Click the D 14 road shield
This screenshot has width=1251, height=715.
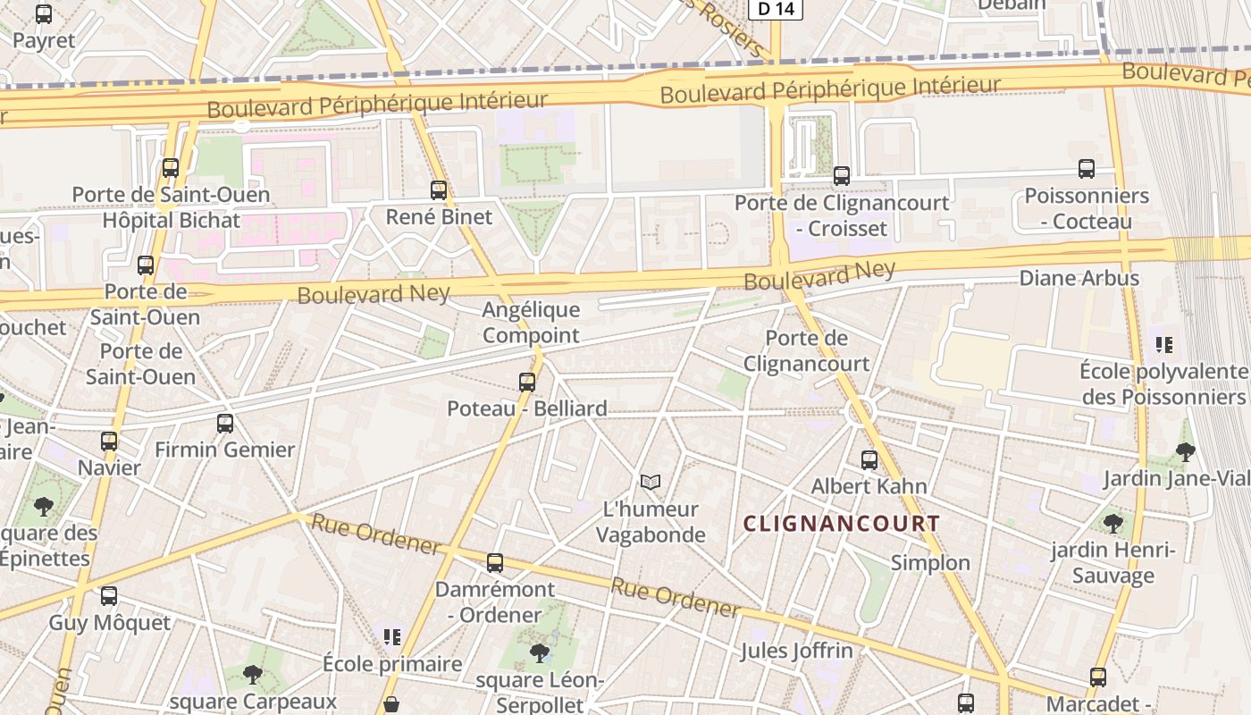tap(775, 9)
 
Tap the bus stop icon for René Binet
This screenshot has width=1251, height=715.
tap(438, 189)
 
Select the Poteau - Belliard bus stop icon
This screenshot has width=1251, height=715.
tap(527, 383)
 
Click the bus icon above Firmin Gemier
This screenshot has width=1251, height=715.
tap(225, 424)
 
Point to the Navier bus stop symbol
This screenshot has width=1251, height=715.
tap(109, 442)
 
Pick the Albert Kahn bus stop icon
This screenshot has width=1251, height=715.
tap(869, 460)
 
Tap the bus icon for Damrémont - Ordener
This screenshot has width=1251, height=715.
tap(494, 563)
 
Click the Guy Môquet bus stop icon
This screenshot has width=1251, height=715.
tap(109, 596)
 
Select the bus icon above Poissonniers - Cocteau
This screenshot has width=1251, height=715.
tap(1087, 169)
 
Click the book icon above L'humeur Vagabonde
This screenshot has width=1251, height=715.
tap(651, 483)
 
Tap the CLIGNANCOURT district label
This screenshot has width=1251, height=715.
tap(841, 524)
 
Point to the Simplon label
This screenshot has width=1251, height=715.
tap(930, 562)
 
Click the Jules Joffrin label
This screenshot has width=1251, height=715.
tap(796, 651)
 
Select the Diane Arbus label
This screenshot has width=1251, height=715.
tap(1079, 278)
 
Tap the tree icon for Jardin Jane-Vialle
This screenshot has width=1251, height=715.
tap(1186, 452)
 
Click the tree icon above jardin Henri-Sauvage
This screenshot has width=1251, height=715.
tap(1112, 523)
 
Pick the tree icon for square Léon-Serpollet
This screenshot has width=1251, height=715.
tap(539, 653)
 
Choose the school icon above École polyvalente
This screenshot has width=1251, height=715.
tap(1163, 344)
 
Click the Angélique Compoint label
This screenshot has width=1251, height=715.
tap(531, 323)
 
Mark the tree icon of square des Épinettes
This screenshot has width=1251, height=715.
tap(43, 507)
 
